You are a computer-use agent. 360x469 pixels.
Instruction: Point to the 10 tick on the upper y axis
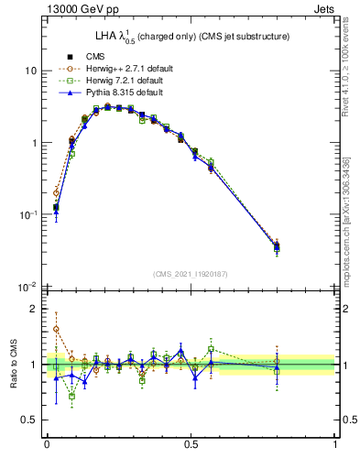[30, 71]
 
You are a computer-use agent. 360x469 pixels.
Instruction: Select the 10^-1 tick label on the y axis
[28, 215]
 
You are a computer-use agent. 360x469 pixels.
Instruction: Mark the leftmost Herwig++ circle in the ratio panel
[56, 329]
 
